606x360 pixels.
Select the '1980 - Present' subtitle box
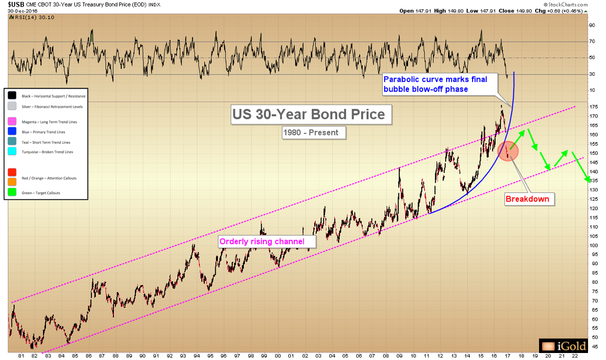pyautogui.click(x=311, y=133)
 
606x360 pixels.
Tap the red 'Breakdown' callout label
pyautogui.click(x=527, y=199)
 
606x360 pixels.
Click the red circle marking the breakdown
pyautogui.click(x=509, y=151)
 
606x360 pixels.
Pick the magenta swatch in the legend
pyautogui.click(x=11, y=122)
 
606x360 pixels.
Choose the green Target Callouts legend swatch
pyautogui.click(x=11, y=192)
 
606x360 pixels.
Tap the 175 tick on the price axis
pyautogui.click(x=592, y=107)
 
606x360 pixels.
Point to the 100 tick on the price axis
pyautogui.click(x=592, y=245)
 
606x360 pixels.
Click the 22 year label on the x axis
pyautogui.click(x=575, y=356)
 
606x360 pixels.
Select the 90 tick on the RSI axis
pyautogui.click(x=592, y=25)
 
